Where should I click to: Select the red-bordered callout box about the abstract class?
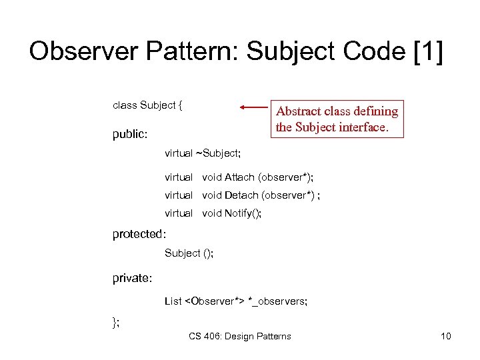[337, 119]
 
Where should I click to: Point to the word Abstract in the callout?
[299, 111]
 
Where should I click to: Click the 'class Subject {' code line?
[148, 105]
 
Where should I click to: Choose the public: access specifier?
[130, 134]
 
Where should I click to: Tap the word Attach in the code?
[239, 177]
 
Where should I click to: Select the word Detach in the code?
[241, 195]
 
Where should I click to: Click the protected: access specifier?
[139, 234]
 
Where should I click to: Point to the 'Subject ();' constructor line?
[189, 253]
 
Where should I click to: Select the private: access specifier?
[133, 278]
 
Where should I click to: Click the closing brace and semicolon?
[116, 323]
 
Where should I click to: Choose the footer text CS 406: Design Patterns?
[240, 336]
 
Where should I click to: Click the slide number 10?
[445, 336]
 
